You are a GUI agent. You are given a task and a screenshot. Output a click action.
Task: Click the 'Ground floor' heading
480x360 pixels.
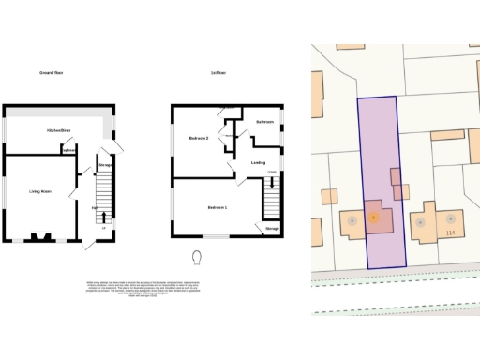pyautogui.click(x=51, y=72)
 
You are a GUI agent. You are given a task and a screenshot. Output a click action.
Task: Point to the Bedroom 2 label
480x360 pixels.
pyautogui.click(x=198, y=138)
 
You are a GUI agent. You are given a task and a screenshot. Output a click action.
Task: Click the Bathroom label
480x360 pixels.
pyautogui.click(x=263, y=123)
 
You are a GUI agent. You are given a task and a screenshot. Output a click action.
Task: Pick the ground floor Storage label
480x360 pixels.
pyautogui.click(x=105, y=165)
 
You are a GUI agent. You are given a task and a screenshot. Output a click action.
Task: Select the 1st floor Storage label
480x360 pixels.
pyautogui.click(x=271, y=228)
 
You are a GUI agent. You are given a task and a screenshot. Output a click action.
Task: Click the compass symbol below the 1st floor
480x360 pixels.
pyautogui.click(x=197, y=256)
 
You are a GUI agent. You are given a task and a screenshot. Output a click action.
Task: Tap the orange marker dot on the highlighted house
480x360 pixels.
pyautogui.click(x=373, y=217)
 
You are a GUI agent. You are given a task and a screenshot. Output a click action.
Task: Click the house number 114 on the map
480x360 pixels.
pyautogui.click(x=451, y=233)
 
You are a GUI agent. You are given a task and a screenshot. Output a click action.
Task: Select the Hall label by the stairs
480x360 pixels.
pyautogui.click(x=95, y=207)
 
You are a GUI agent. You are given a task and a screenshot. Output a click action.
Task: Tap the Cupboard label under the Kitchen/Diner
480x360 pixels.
pyautogui.click(x=68, y=150)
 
